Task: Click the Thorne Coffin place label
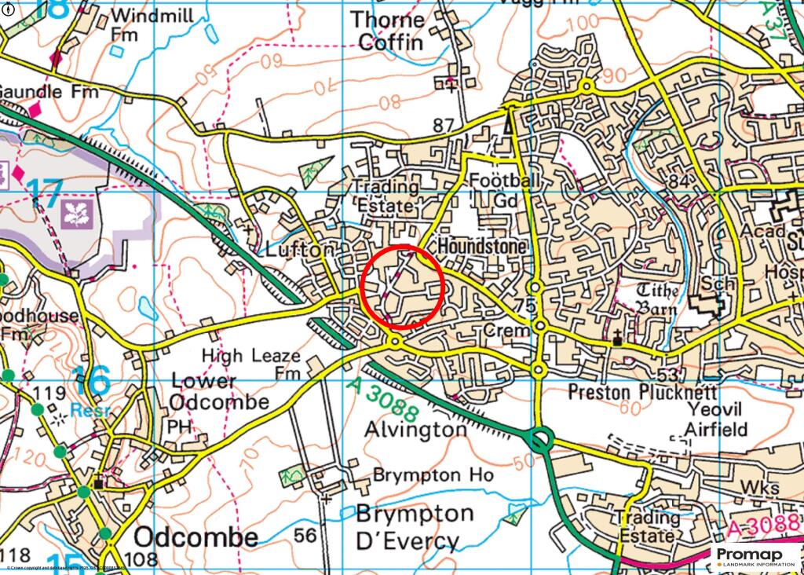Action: (387, 31)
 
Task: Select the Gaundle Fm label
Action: (49, 92)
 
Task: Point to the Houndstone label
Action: (481, 247)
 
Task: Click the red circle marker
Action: (403, 286)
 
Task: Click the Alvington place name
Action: (415, 430)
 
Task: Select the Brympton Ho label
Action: (433, 475)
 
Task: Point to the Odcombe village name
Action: (196, 537)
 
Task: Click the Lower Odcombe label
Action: (220, 391)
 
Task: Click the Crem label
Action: (506, 331)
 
